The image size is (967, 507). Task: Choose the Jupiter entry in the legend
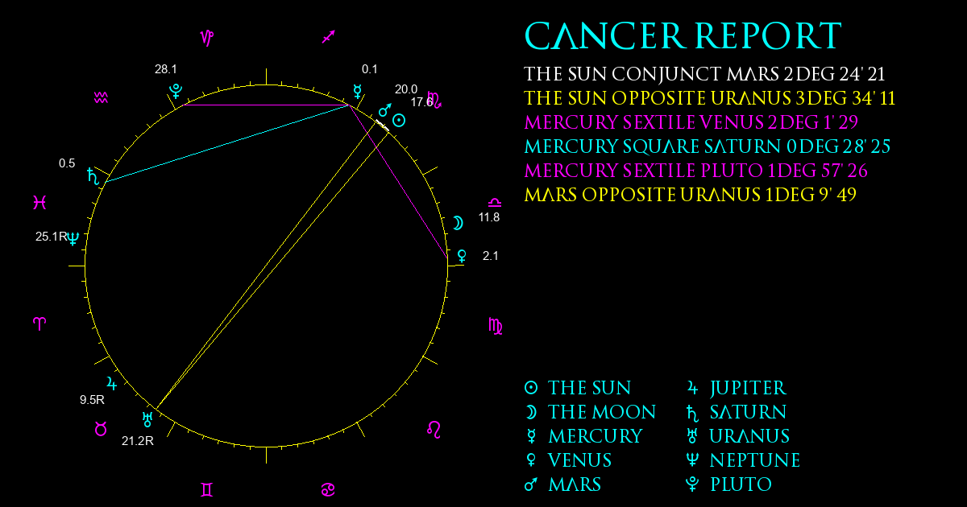[x=737, y=388]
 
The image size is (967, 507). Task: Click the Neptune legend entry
[x=743, y=460]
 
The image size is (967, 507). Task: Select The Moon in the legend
[x=590, y=412]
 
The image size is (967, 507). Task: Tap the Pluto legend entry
[x=728, y=484]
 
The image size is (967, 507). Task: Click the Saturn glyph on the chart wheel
[x=93, y=176]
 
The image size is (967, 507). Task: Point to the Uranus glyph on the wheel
[x=147, y=419]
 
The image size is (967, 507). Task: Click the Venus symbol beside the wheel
[x=462, y=256]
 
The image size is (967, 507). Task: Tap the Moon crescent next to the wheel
[x=458, y=223]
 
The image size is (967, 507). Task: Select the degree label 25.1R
[x=52, y=237]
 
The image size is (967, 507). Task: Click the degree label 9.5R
[x=92, y=400]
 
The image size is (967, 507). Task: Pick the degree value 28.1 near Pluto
[x=166, y=69]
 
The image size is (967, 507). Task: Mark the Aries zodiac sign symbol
[x=39, y=324]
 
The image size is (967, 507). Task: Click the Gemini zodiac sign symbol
[x=207, y=490]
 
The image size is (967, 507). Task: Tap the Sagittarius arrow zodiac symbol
[x=329, y=37]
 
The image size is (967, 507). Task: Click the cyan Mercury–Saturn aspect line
[x=227, y=143]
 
